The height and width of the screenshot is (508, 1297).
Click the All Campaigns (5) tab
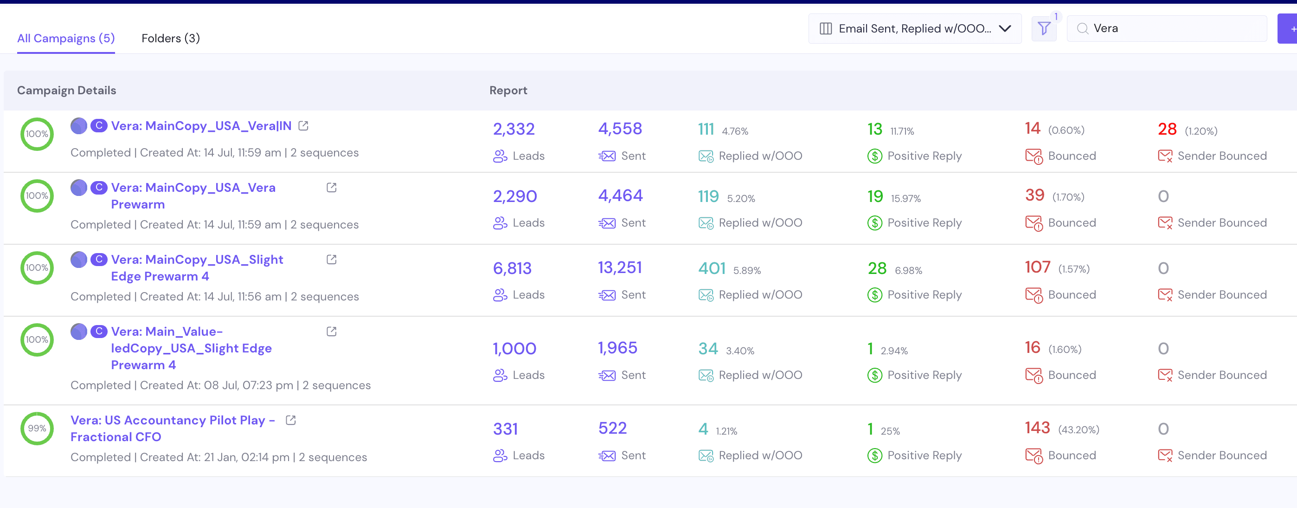(66, 38)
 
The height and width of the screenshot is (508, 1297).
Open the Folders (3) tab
(171, 38)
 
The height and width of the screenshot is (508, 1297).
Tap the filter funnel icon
(1044, 29)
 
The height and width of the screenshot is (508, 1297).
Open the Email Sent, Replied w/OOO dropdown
(914, 29)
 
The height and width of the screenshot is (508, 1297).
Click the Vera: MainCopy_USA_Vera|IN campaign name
(201, 126)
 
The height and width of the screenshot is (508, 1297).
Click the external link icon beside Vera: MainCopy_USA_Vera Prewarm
(331, 188)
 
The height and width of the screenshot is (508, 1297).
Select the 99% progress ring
(37, 429)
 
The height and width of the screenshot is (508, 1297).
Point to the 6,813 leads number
(512, 268)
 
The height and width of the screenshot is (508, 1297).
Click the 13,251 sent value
(620, 267)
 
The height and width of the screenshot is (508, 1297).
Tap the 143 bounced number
(1037, 428)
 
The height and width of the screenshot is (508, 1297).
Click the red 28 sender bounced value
(1167, 130)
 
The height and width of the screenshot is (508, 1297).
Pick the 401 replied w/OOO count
(712, 268)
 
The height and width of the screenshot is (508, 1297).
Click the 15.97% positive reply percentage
(905, 199)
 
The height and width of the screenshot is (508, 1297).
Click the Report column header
(508, 90)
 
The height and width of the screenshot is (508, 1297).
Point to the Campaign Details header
(66, 90)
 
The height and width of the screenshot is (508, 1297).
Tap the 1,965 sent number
(617, 348)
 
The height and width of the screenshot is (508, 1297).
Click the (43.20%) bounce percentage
(1079, 430)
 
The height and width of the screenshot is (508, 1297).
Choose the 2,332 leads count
(514, 129)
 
